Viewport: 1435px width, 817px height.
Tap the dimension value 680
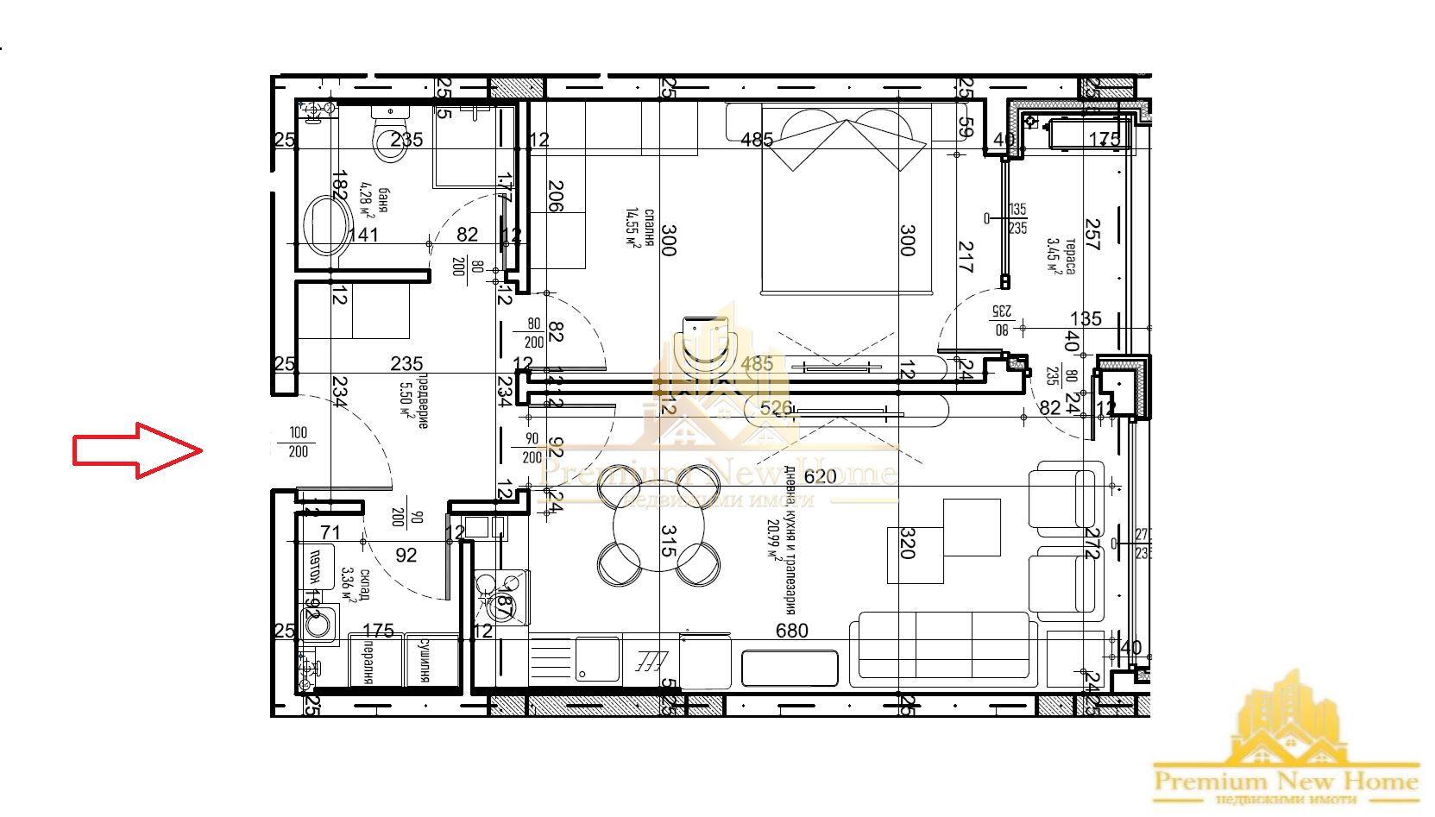(791, 631)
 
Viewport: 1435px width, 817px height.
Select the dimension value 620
(820, 476)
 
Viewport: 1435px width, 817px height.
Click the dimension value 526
(776, 408)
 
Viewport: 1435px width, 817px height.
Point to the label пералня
(368, 663)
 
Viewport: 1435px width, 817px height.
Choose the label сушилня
(425, 661)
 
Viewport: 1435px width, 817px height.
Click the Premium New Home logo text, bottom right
(1286, 782)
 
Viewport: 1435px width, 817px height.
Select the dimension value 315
(668, 541)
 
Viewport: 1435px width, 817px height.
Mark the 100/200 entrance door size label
(298, 442)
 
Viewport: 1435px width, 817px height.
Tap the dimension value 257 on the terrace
(1092, 235)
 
